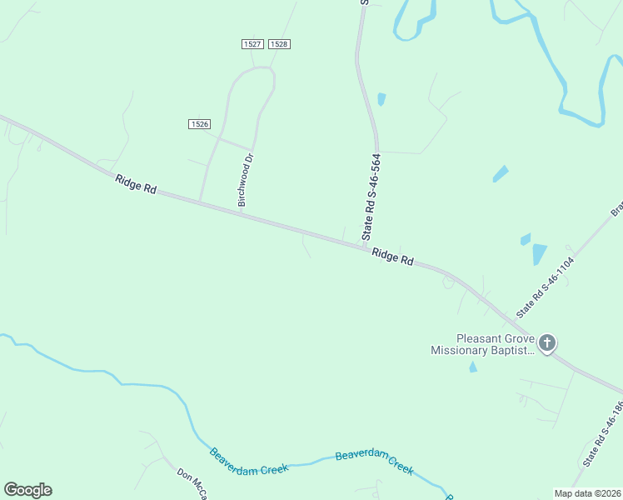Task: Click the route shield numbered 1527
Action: tap(252, 43)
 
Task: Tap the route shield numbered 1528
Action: tap(280, 43)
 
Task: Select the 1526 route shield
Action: tap(199, 124)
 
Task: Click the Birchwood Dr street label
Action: tap(245, 179)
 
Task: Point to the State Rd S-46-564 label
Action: tap(373, 197)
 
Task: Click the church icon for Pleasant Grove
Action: tap(547, 342)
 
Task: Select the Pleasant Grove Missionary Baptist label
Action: tap(483, 345)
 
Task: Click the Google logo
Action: tap(27, 490)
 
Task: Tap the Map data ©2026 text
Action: tap(586, 493)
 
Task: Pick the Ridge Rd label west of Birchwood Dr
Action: tap(137, 184)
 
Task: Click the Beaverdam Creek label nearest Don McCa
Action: tap(248, 459)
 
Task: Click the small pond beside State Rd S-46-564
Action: tap(381, 98)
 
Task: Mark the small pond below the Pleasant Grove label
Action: tap(473, 367)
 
